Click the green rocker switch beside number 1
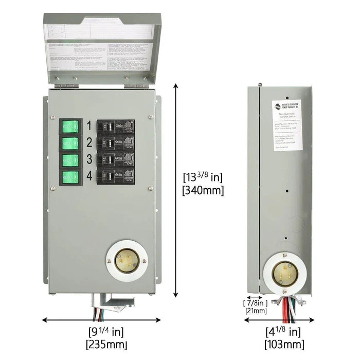pos(70,126)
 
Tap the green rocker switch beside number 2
pos(70,143)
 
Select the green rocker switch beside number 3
pos(70,160)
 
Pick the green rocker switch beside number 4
pos(70,177)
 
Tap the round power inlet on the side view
pos(284,272)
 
